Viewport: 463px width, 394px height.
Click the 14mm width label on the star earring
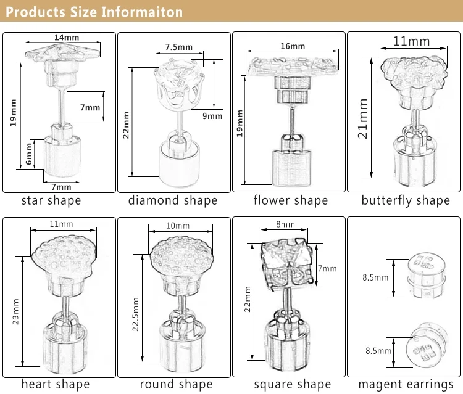[66, 38]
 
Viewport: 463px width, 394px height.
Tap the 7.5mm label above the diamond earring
[178, 46]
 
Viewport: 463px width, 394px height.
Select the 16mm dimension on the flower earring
[293, 47]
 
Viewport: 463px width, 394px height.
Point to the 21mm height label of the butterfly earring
[364, 119]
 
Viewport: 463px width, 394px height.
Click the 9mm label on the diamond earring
[213, 115]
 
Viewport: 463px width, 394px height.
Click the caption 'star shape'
[51, 200]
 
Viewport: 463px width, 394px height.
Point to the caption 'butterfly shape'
[405, 200]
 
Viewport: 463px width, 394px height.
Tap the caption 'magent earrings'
[405, 384]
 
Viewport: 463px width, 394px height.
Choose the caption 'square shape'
[291, 384]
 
